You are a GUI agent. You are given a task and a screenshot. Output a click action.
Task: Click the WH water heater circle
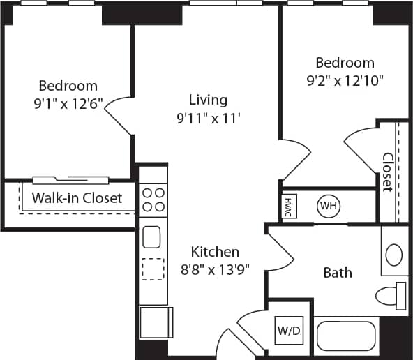(328, 206)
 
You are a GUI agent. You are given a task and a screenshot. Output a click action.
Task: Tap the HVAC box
(288, 207)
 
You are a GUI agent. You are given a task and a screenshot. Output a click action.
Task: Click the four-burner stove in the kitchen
(153, 200)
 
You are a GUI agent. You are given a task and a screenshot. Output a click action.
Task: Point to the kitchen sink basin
(153, 237)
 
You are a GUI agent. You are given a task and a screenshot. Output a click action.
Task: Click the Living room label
(208, 100)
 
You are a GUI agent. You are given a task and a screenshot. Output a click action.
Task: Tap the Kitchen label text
(216, 251)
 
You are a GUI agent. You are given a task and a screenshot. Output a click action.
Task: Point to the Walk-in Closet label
(77, 197)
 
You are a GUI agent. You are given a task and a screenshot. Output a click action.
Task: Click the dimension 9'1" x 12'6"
(68, 104)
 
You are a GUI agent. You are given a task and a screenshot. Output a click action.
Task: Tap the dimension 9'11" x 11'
(209, 118)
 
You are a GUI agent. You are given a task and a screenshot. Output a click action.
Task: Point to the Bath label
(338, 273)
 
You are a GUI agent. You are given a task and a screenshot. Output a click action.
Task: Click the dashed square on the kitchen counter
(153, 269)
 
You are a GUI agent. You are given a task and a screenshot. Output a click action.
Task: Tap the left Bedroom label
(68, 86)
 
